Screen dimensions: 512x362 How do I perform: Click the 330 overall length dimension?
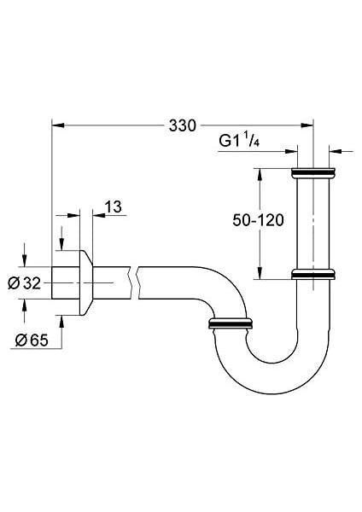182,125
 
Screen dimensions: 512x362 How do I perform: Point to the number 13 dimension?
114,206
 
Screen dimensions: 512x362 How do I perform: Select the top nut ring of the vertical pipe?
313,173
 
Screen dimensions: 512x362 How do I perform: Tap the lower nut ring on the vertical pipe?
313,275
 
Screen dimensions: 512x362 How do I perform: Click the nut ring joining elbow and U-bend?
230,323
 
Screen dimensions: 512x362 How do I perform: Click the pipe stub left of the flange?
64,282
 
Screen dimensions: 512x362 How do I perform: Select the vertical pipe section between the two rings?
313,224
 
